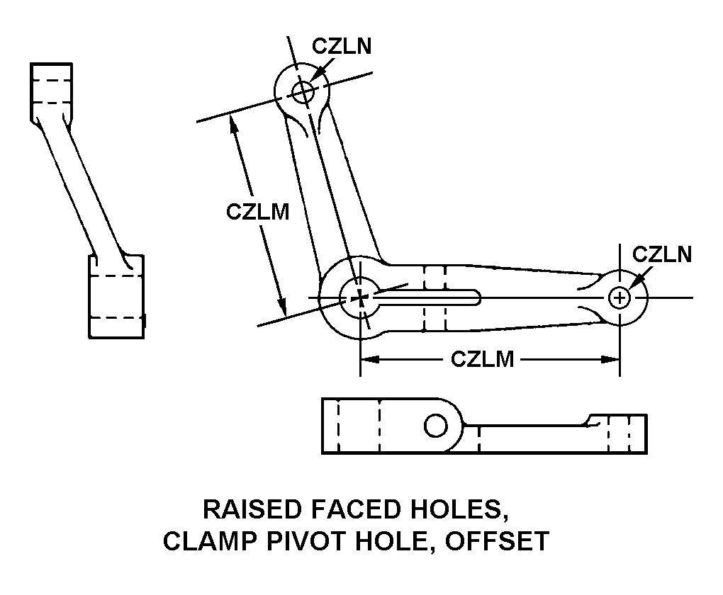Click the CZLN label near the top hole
click(342, 47)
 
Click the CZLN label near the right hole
click(661, 254)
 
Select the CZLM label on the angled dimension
click(258, 212)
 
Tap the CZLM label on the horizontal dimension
click(482, 359)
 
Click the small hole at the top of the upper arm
click(303, 91)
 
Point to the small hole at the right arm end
click(620, 297)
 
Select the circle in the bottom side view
click(435, 425)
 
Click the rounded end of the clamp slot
click(478, 297)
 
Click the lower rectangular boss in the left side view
click(116, 296)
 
